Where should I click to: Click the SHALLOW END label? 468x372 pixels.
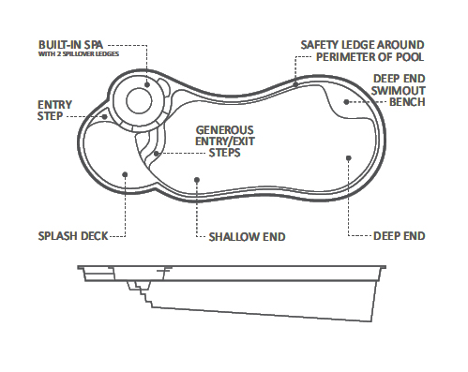tap(247, 236)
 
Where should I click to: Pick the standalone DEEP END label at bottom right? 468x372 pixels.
tap(399, 236)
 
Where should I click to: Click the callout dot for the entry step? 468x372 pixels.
tap(104, 117)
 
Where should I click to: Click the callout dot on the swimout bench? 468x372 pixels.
tap(346, 101)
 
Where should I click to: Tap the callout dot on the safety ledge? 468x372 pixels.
tap(296, 83)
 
